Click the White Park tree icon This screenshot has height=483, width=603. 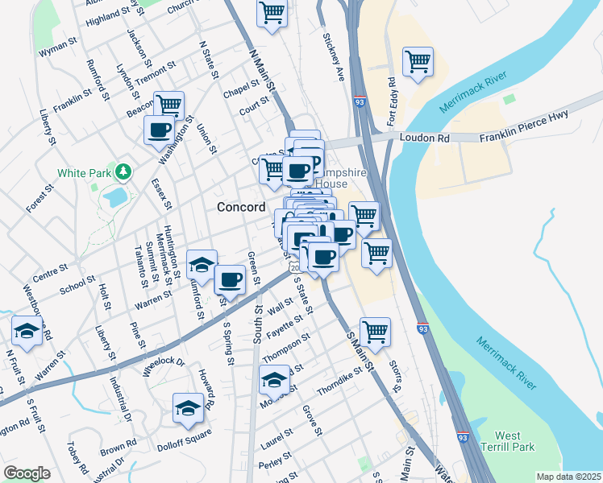123,171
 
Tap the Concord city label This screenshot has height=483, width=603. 241,207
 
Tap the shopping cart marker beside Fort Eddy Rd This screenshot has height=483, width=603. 418,62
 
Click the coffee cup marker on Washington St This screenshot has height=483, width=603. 159,130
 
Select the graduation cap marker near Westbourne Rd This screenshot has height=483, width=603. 27,331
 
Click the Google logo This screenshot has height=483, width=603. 27,473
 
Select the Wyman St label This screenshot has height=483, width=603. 57,49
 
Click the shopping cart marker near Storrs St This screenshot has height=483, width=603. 375,330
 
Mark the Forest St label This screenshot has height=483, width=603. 40,198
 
